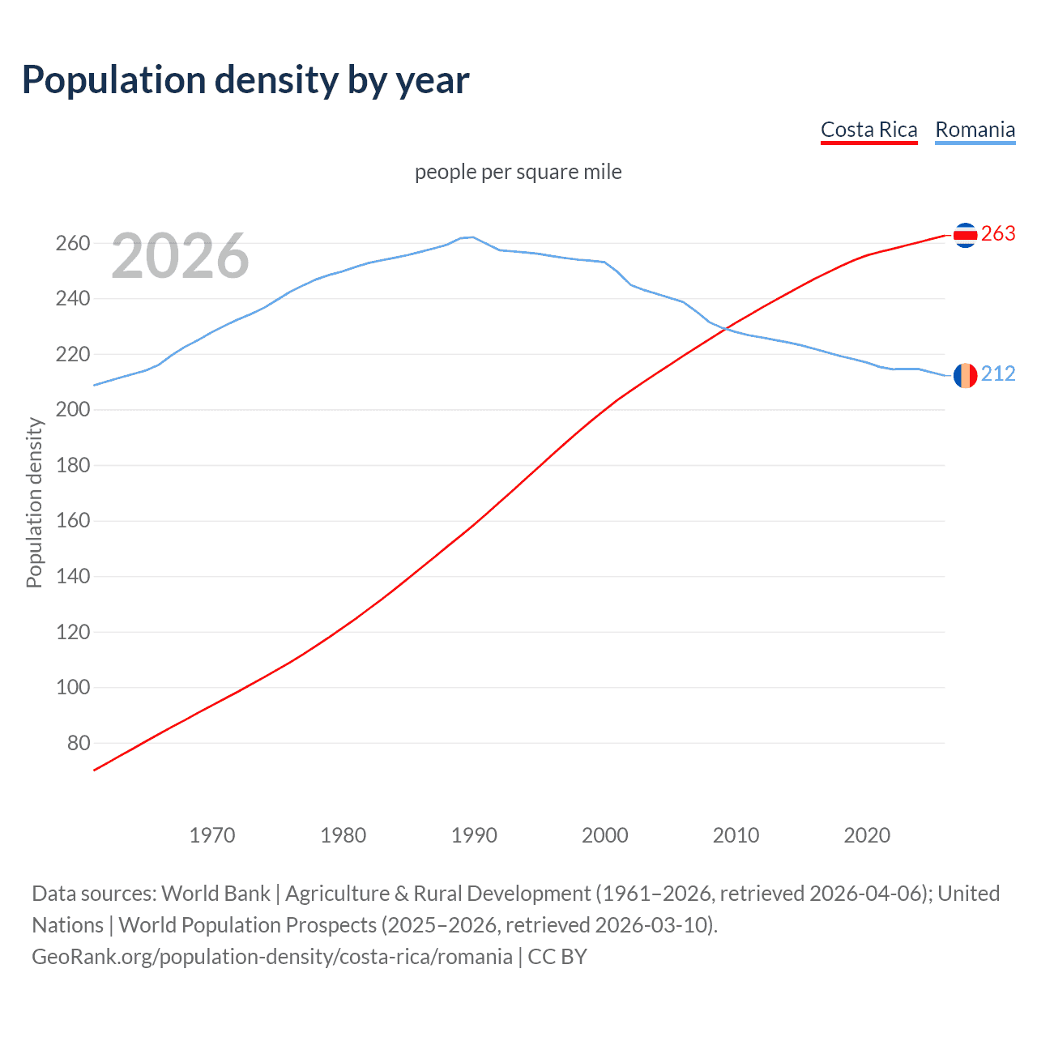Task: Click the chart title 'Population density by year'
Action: [x=245, y=80]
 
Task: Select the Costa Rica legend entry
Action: [x=868, y=130]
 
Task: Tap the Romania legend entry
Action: [x=975, y=130]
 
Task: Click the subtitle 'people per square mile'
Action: [x=518, y=172]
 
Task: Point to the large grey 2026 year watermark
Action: [x=180, y=256]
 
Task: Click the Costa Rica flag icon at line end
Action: [x=965, y=235]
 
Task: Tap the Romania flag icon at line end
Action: [x=965, y=375]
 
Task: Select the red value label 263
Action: [x=998, y=234]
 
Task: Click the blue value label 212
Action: [x=998, y=373]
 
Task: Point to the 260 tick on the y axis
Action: [x=73, y=243]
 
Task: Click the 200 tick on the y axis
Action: [x=73, y=410]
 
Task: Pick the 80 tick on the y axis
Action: [x=79, y=743]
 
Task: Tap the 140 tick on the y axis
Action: [x=73, y=576]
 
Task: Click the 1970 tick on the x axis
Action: [x=212, y=835]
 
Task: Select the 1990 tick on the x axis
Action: [x=474, y=835]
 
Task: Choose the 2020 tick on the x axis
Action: [x=867, y=835]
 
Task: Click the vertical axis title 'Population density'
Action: [x=34, y=502]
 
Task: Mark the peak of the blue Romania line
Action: [x=472, y=237]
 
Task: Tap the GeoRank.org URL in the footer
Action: [x=272, y=957]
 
